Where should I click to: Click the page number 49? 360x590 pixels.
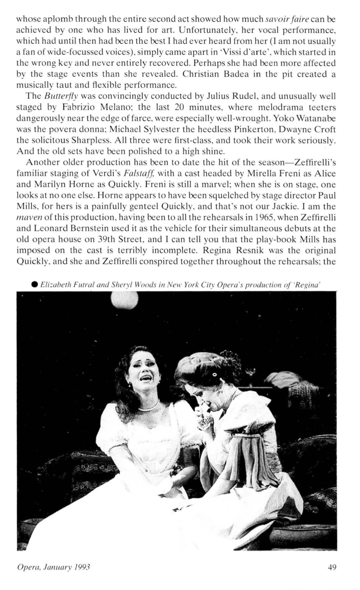[331, 567]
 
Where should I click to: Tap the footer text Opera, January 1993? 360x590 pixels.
[54, 567]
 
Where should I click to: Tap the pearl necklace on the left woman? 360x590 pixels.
[148, 407]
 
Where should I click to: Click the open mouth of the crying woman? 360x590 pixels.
[145, 378]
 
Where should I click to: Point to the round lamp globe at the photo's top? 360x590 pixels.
[124, 300]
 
